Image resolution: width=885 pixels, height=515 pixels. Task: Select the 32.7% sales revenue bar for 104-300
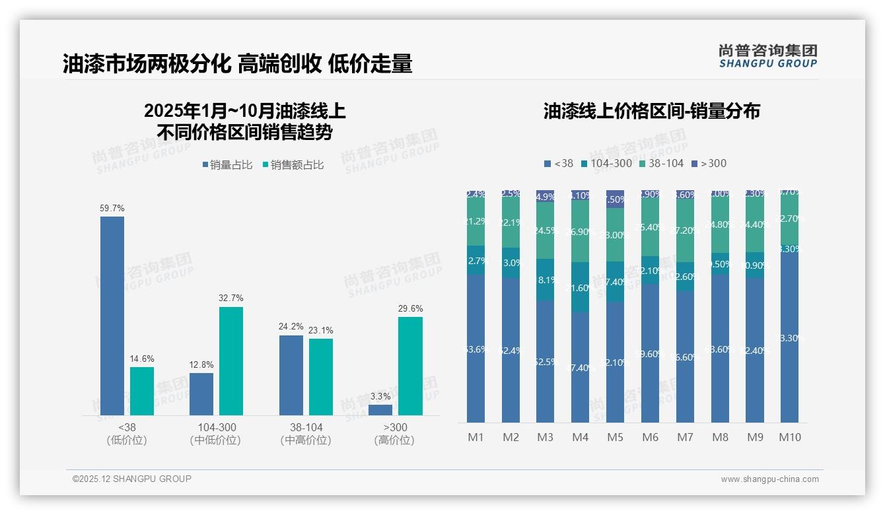[x=231, y=361]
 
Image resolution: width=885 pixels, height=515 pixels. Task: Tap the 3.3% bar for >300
[x=380, y=410]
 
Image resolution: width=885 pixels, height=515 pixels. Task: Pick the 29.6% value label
[x=411, y=308]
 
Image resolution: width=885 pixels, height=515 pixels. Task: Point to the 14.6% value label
[x=142, y=359]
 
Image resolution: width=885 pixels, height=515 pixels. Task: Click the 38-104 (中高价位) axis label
[x=306, y=434]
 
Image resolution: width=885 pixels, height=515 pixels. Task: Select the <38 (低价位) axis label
[x=127, y=434]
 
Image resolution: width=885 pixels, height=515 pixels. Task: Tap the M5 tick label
[x=615, y=437]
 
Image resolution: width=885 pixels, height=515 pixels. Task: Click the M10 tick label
[x=790, y=437]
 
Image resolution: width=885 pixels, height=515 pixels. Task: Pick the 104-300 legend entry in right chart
[x=606, y=163]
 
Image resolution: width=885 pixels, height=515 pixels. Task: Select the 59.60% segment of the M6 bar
[x=650, y=353]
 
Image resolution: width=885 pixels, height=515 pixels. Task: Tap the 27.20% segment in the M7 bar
[x=685, y=230]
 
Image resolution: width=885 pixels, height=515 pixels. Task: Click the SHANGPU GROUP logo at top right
[x=767, y=56]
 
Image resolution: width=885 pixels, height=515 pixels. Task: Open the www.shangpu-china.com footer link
[x=769, y=479]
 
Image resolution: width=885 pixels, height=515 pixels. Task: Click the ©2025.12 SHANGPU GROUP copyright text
[x=132, y=479]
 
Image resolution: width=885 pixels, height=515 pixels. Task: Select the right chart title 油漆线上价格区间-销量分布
[x=651, y=111]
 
